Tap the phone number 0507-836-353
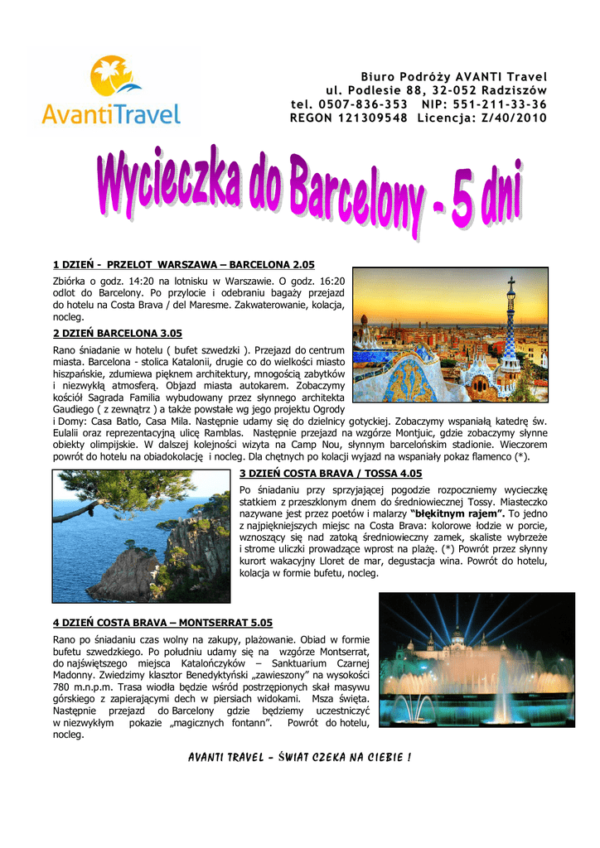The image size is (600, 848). coord(363,104)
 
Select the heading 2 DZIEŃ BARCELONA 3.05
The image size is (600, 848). coord(117,333)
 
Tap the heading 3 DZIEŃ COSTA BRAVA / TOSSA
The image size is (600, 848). coord(331,474)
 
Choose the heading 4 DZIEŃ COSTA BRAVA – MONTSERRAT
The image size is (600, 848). coord(162,622)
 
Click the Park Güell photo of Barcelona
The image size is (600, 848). coord(450,335)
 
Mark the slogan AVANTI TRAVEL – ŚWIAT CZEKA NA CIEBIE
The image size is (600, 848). coord(299,758)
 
